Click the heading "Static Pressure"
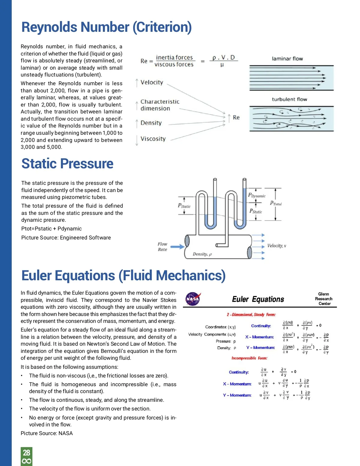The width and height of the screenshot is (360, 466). (x=67, y=164)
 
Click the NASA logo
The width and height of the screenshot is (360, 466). (x=193, y=299)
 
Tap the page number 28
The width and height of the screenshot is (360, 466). (x=26, y=452)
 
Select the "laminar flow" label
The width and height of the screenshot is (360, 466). (x=287, y=59)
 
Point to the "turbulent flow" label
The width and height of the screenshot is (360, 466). (x=289, y=99)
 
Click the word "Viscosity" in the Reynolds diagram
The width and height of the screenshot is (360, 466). (x=153, y=139)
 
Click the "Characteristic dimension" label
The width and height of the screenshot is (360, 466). (x=160, y=105)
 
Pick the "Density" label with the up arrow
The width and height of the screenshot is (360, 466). (x=151, y=123)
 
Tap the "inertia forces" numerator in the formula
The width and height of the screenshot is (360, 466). (x=174, y=57)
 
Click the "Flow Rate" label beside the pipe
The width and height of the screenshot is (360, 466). (x=162, y=247)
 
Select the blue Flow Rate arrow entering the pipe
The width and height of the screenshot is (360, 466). (x=178, y=247)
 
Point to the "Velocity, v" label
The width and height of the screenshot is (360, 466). (x=276, y=246)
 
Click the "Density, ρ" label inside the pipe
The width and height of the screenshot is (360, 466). (x=202, y=254)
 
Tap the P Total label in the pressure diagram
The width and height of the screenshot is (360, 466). (x=276, y=203)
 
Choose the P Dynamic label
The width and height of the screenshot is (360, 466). (x=257, y=195)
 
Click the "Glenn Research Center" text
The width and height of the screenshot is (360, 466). (x=324, y=299)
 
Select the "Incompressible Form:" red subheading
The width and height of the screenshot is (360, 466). (x=249, y=358)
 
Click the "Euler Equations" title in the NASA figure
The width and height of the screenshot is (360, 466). (x=258, y=299)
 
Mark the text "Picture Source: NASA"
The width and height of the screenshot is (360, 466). (x=47, y=433)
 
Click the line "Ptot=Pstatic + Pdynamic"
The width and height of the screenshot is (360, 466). (x=52, y=229)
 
